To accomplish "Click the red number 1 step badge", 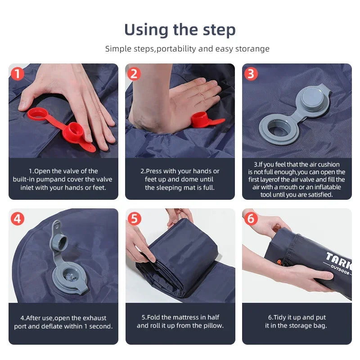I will click(17, 74).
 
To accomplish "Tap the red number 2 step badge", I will click(134, 74).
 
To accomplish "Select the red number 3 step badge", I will click(251, 74).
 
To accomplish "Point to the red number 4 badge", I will click(17, 219).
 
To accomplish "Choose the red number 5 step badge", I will click(134, 219).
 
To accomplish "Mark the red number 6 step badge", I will click(251, 219).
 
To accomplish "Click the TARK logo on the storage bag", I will click(338, 260).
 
